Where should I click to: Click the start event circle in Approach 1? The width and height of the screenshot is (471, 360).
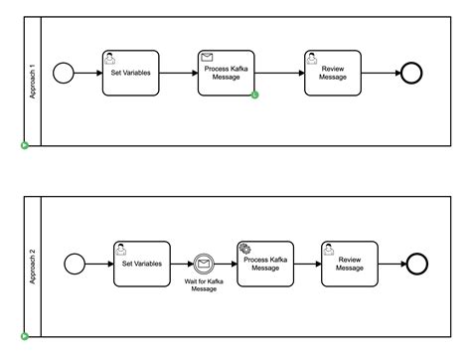click(64, 73)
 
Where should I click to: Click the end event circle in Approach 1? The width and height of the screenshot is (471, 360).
click(410, 73)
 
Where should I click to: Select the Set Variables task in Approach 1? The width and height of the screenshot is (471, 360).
click(129, 73)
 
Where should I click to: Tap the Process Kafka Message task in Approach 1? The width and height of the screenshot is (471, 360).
click(227, 73)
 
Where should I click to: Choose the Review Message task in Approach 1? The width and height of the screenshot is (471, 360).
click(333, 73)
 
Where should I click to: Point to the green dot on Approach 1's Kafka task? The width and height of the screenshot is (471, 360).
click(255, 95)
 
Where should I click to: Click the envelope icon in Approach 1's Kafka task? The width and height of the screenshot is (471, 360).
click(208, 58)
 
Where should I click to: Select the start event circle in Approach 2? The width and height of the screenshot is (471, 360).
click(74, 264)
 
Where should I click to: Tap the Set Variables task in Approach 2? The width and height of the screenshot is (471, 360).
click(142, 264)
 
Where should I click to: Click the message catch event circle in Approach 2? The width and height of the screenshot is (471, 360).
click(205, 264)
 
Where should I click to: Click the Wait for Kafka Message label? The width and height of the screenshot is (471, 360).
click(205, 286)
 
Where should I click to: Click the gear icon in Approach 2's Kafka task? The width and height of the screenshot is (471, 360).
click(245, 248)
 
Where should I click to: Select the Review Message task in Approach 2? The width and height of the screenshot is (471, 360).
click(350, 264)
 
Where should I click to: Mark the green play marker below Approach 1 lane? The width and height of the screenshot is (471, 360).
click(25, 146)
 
